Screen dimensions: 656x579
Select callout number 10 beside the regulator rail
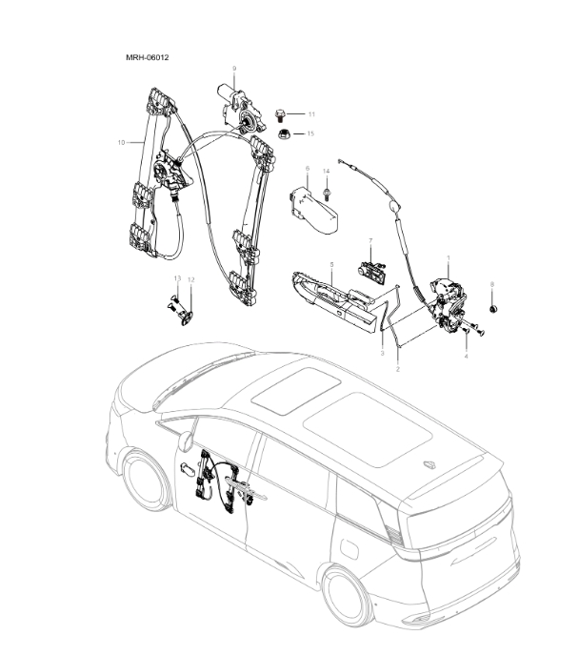click(x=121, y=142)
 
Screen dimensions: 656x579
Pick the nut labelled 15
click(x=283, y=133)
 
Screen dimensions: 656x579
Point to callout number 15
click(x=309, y=133)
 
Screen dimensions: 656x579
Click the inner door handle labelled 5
click(x=333, y=296)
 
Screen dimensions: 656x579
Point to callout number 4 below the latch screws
click(x=467, y=356)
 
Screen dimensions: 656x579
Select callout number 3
click(x=382, y=353)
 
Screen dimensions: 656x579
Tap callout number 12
click(x=190, y=279)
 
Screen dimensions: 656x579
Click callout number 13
click(x=176, y=278)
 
